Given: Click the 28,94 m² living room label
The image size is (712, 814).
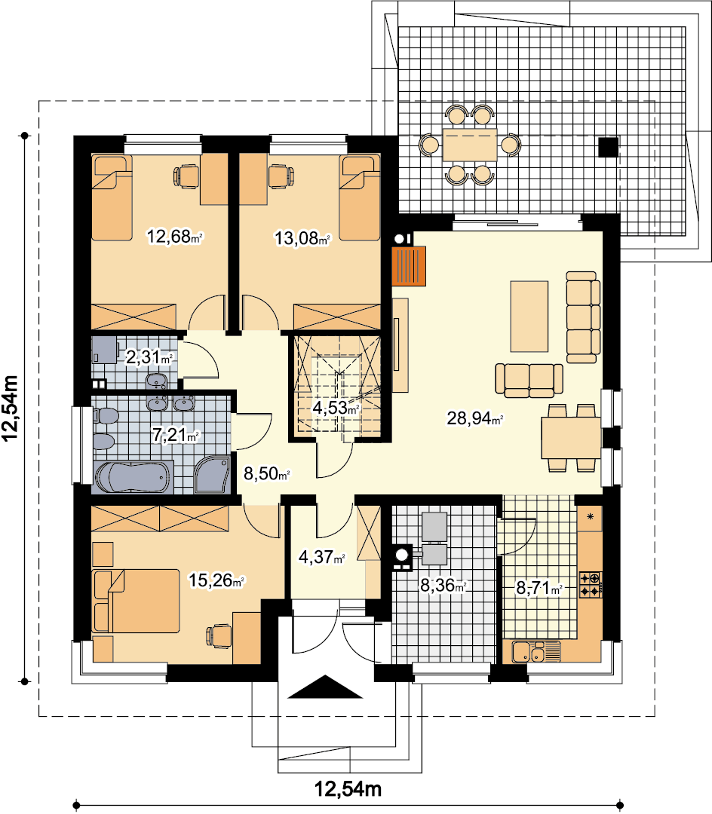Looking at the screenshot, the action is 474,418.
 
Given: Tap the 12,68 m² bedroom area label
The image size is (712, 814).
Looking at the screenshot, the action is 174,237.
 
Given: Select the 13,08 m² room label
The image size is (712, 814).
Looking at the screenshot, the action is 302,238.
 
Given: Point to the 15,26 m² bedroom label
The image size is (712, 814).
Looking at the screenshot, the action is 216,580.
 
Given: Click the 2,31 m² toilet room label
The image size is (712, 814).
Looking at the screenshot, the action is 149,357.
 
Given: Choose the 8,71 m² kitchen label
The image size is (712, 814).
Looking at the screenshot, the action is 539,588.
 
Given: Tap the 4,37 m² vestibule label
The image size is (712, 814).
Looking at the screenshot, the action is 322,557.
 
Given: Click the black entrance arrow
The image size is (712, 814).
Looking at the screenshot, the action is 325,687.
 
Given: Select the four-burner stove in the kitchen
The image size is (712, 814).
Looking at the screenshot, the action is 591,585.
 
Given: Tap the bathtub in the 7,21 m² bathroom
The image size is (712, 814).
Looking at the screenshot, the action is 133,477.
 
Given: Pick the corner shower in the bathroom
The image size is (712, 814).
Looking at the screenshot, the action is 212,475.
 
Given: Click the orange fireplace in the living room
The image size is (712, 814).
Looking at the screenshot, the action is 409,266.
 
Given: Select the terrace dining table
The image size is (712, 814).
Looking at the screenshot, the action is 470,145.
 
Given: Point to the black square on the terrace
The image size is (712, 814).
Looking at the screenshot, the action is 608,147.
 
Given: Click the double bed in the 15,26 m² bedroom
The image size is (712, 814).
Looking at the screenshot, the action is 136,601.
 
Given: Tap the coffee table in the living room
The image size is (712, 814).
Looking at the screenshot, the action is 529,317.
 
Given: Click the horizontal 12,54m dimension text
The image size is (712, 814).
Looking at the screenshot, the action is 348,789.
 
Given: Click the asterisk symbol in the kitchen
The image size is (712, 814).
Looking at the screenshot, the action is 590,516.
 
